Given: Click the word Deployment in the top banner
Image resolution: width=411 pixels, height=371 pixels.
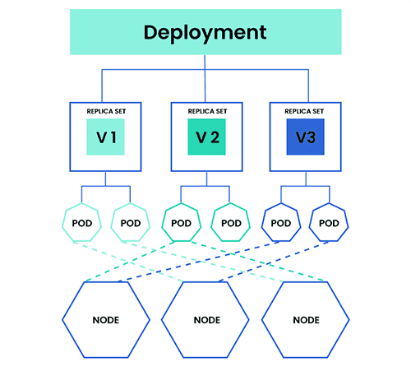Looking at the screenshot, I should click(205, 33).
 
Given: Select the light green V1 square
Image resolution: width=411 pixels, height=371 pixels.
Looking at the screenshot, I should click(104, 137).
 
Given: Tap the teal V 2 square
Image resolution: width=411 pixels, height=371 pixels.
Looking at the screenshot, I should click(205, 137).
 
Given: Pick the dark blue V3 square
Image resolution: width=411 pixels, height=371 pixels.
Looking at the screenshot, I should click(305, 137).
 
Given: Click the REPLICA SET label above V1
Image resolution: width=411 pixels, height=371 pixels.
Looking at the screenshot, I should click(104, 110).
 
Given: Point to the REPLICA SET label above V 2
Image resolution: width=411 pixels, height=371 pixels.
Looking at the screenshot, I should click(205, 110).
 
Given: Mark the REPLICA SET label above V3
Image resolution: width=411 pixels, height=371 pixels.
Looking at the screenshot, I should click(305, 110).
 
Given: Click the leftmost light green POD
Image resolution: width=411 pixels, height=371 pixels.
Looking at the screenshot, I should click(81, 223).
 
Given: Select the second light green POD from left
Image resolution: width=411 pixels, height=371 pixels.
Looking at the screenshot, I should click(131, 223).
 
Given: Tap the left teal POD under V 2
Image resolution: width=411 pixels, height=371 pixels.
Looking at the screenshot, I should click(181, 223).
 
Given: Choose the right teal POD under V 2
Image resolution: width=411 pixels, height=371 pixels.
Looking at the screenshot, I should click(230, 223).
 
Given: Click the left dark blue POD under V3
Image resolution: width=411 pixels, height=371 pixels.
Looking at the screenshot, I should click(280, 223).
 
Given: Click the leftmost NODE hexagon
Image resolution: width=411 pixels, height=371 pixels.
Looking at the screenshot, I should click(106, 318).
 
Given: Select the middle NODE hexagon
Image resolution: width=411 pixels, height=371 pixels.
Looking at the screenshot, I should click(205, 318).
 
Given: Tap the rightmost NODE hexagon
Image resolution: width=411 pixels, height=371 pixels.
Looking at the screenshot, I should click(306, 318).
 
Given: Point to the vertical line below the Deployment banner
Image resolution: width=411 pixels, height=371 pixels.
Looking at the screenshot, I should click(205, 63).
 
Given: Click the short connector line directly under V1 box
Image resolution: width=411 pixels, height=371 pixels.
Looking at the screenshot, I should click(105, 179).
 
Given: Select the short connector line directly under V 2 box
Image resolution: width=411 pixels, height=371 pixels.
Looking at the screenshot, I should click(205, 179).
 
